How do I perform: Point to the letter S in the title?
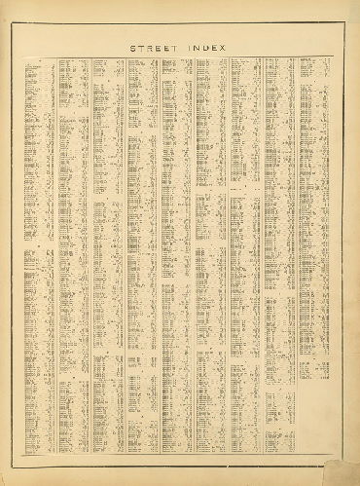131,46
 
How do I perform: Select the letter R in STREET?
149,46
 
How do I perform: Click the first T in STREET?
140,46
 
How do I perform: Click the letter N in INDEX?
202,46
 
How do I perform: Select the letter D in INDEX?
211,46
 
